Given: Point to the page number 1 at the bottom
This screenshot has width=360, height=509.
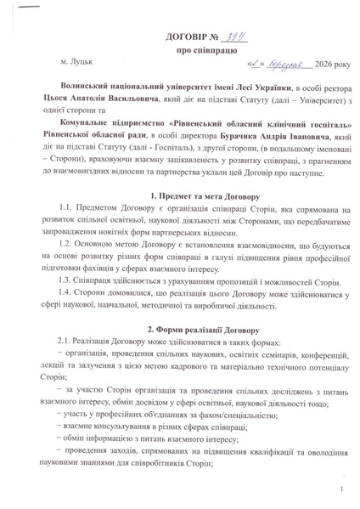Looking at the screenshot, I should [338, 491].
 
